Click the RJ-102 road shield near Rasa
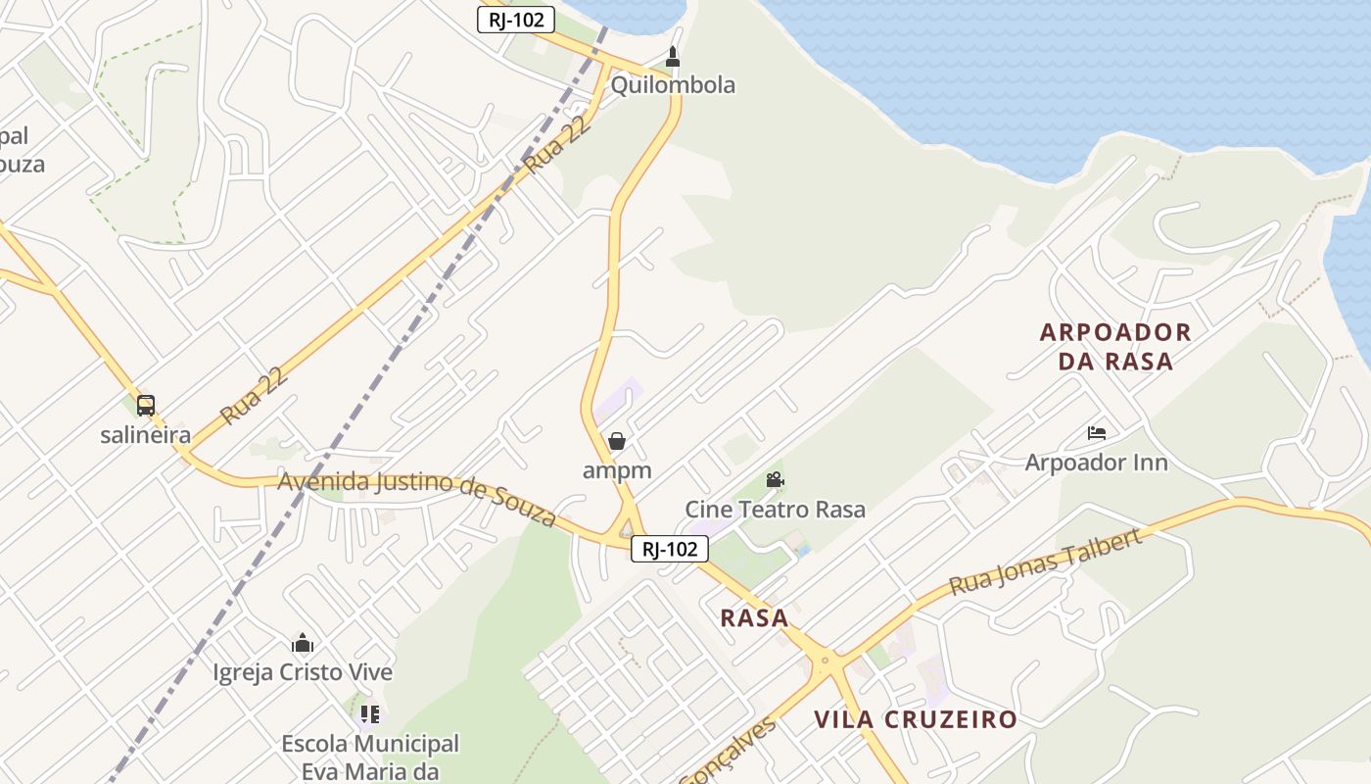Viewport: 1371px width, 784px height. pos(670,549)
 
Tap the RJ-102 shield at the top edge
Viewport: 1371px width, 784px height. pos(516,20)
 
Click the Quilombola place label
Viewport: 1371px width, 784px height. pos(673,85)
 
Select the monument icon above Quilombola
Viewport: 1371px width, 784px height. pos(673,57)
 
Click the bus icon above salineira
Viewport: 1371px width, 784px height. pos(146,405)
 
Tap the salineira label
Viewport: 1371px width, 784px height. pos(146,434)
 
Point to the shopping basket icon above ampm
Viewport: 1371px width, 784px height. pos(617,442)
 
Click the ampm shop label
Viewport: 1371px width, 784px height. pos(617,470)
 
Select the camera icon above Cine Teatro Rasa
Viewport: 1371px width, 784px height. pos(775,480)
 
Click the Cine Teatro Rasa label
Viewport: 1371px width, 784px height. pos(775,510)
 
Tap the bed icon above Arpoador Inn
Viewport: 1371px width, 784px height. pos(1097,432)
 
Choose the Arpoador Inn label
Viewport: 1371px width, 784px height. pos(1097,462)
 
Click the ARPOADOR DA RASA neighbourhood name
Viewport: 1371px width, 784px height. pos(1115,346)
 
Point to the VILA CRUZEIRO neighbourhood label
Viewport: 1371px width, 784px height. pos(916,719)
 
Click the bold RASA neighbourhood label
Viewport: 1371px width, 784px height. pos(754,617)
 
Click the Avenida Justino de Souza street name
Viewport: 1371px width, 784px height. pos(417,495)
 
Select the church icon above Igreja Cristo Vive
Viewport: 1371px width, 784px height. pos(303,643)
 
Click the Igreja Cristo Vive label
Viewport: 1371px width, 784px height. pos(303,672)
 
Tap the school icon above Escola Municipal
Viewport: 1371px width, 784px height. pos(369,714)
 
